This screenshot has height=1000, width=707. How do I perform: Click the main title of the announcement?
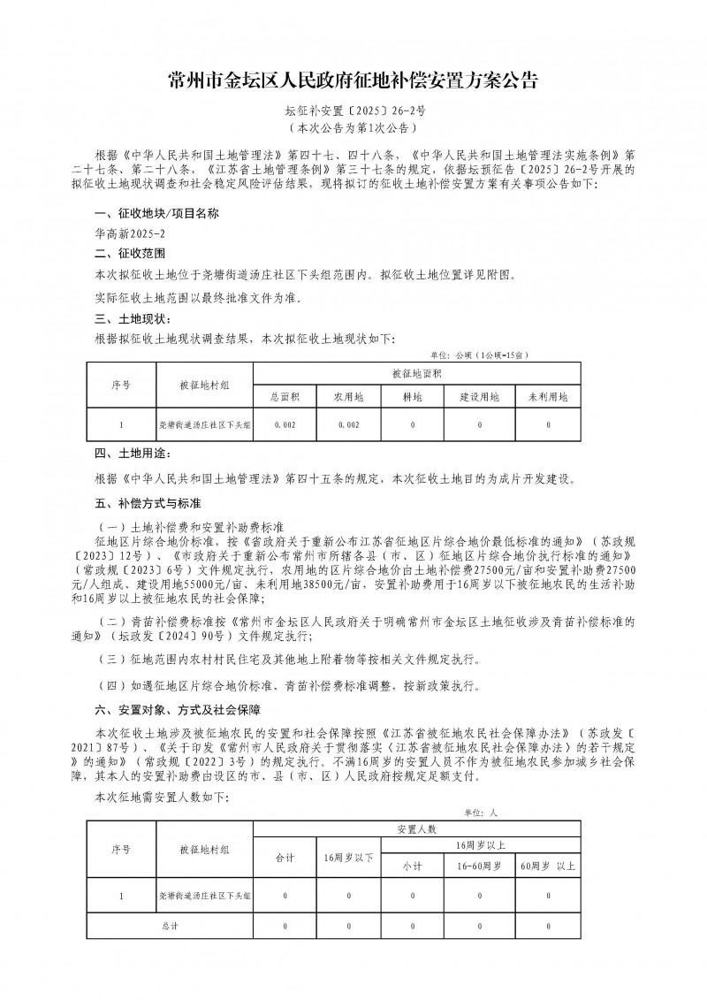click(x=353, y=82)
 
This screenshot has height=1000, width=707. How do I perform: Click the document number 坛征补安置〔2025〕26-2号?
click(x=353, y=113)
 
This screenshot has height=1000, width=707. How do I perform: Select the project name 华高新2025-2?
click(x=129, y=235)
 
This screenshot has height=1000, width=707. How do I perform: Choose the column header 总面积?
click(x=285, y=397)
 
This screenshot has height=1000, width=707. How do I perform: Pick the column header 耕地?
click(x=413, y=397)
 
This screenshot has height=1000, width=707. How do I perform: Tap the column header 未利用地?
click(x=548, y=397)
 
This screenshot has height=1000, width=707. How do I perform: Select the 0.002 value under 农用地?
click(x=349, y=425)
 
